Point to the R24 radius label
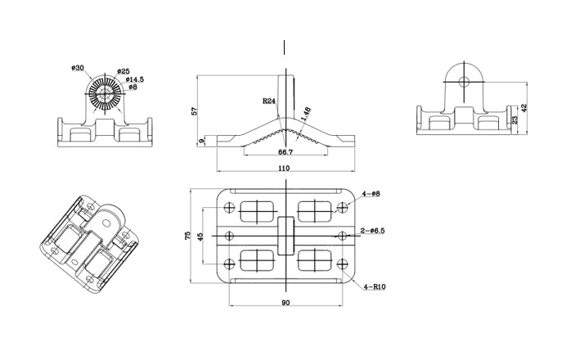click(x=268, y=101)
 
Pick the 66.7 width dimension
click(x=285, y=152)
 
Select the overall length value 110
click(x=285, y=168)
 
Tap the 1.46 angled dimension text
click(x=306, y=114)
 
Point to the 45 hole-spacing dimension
click(x=202, y=236)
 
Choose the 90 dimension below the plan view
click(x=285, y=304)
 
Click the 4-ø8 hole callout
click(x=372, y=194)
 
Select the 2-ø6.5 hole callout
click(x=372, y=232)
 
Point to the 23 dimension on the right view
click(x=514, y=119)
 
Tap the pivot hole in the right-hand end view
click(x=464, y=82)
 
